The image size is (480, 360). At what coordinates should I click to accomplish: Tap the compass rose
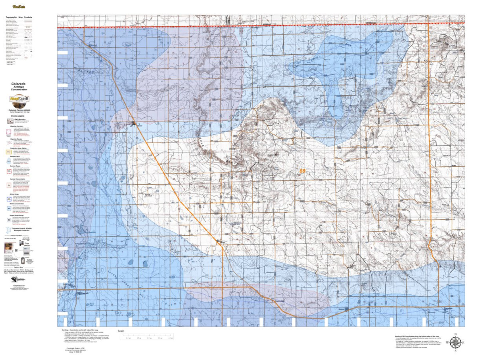(x=455, y=342)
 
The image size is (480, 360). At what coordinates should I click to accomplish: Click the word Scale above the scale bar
(x=121, y=331)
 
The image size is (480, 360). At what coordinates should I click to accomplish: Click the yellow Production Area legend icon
(x=8, y=152)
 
